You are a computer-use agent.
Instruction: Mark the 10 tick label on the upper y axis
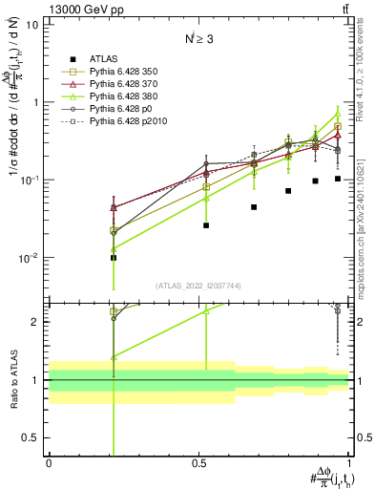pyautogui.click(x=31, y=25)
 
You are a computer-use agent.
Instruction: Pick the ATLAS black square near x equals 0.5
pyautogui.click(x=205, y=225)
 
